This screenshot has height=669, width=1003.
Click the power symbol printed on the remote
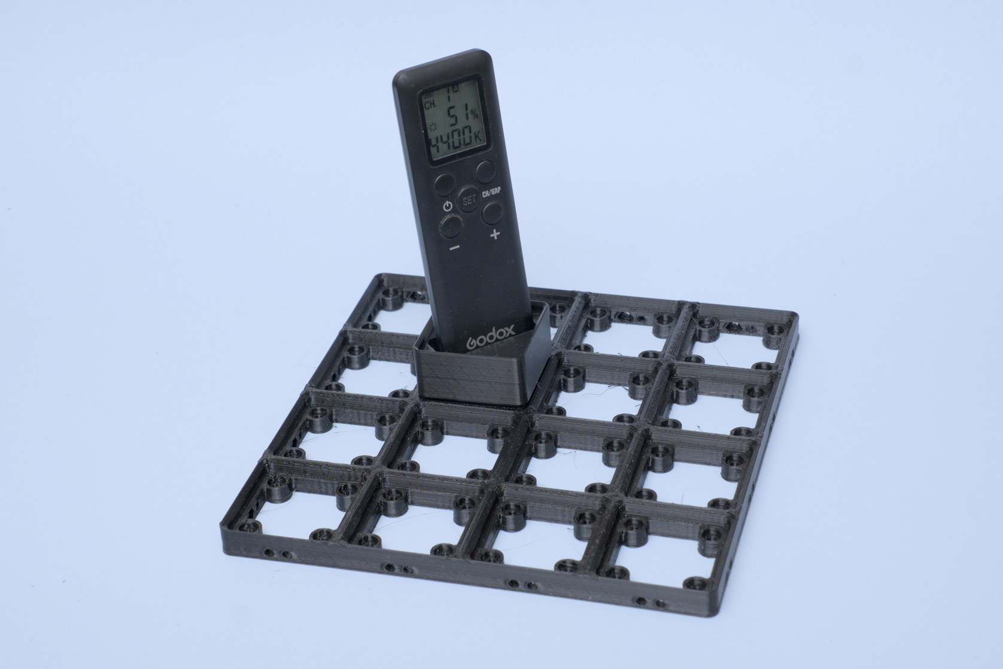[x=447, y=207]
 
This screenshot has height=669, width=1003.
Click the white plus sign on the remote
[x=495, y=235]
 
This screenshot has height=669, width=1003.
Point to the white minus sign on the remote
[x=455, y=247]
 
